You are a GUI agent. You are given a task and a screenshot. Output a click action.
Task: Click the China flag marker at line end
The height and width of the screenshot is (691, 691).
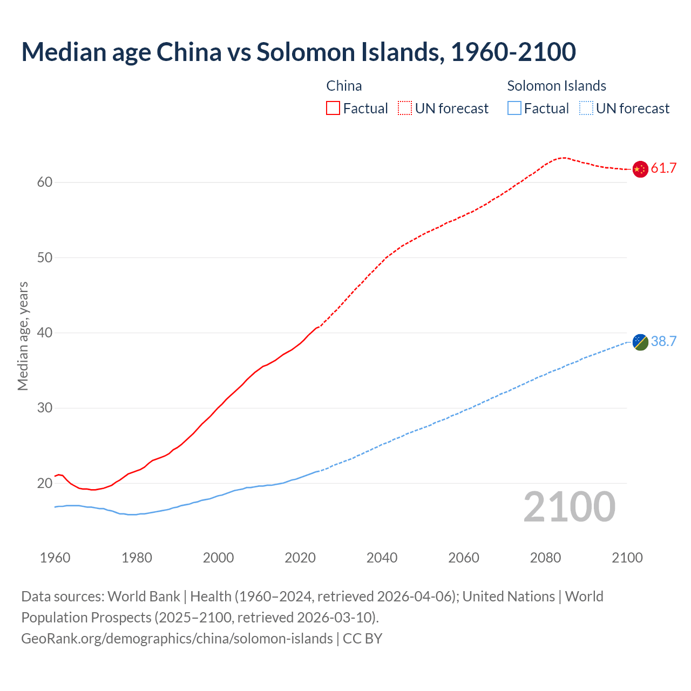pos(640,169)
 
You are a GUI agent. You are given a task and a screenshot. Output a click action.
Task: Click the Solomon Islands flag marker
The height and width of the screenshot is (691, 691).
pos(640,342)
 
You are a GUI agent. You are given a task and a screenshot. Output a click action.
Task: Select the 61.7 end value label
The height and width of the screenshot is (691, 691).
pos(663,168)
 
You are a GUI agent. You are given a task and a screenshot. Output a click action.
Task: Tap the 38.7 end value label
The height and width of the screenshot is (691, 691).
pos(663,341)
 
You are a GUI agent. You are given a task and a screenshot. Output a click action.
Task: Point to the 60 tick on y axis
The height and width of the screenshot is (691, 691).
pos(45,182)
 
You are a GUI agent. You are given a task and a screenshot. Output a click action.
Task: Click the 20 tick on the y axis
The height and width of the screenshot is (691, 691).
pos(45,483)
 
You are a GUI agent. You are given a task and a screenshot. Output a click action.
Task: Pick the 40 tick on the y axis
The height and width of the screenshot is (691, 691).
pos(45,333)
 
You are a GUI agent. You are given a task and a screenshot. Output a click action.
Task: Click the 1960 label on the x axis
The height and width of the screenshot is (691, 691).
pos(55,558)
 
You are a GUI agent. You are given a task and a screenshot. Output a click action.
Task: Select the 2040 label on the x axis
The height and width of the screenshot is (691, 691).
pos(382,558)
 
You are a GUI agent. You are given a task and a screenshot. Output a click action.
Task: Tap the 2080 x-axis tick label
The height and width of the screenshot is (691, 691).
pos(545,558)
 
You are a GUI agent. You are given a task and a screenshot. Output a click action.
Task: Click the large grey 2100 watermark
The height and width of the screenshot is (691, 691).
pos(569,507)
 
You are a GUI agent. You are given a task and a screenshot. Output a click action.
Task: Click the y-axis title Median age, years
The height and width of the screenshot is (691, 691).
pos(23,336)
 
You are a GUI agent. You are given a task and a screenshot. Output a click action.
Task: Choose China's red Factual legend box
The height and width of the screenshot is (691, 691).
pos(333,108)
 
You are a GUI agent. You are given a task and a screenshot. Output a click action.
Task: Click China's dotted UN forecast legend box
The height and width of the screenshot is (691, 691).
pos(405,108)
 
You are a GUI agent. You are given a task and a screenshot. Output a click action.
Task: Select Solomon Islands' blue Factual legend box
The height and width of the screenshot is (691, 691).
pos(514,108)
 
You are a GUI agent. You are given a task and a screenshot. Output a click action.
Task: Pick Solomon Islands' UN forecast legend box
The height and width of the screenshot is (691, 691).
pos(586,108)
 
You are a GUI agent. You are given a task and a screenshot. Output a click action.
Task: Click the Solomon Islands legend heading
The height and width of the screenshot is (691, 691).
pos(557,86)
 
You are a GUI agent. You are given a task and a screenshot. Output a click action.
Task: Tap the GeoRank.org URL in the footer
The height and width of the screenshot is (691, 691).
pos(177,639)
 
